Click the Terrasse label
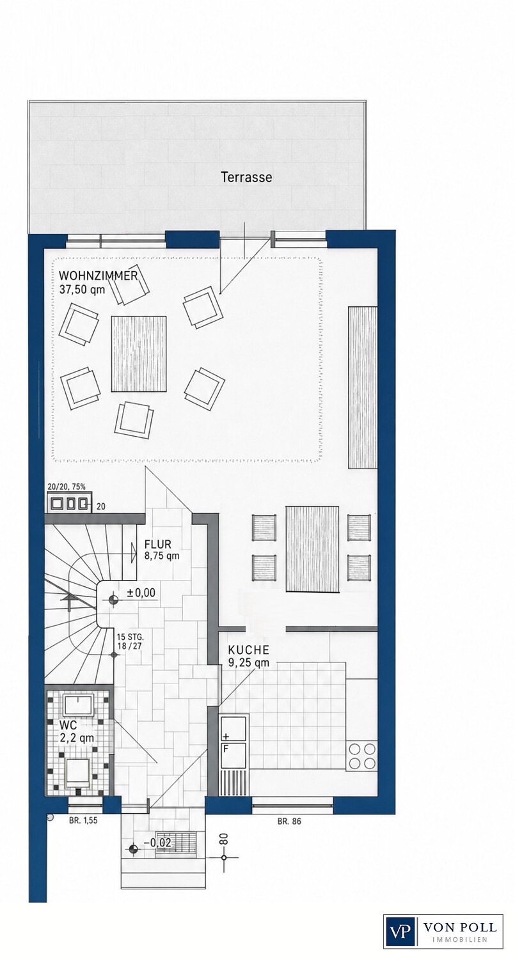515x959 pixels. point(246,177)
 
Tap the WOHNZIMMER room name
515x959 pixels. point(99,276)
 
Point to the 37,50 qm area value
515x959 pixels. point(83,290)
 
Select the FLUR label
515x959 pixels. point(157,545)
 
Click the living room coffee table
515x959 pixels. point(139,354)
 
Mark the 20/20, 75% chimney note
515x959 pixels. point(67,487)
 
